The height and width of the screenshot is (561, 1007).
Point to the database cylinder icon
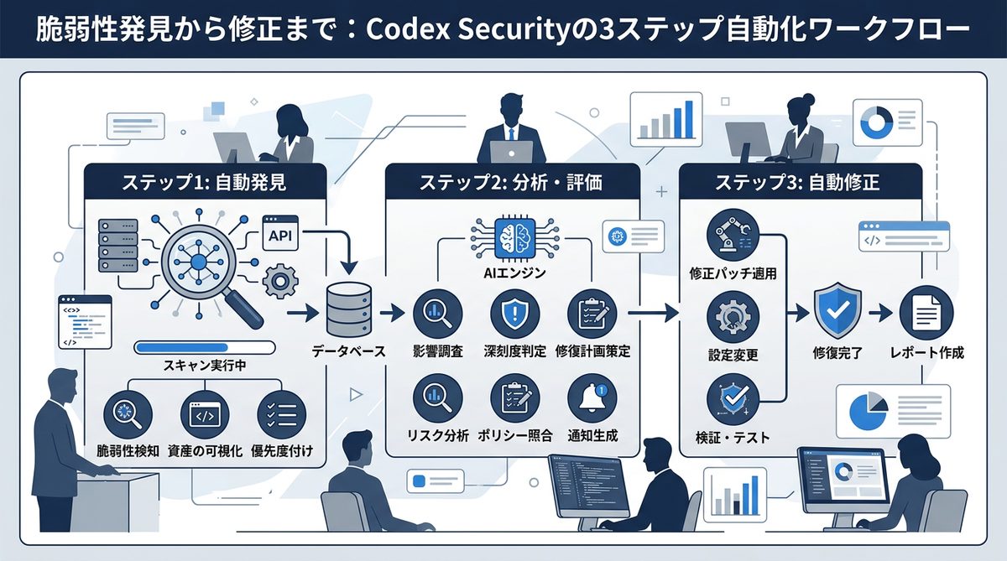[347, 308]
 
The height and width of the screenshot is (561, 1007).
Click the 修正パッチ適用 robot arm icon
[733, 236]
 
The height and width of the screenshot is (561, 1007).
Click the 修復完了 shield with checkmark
[837, 311]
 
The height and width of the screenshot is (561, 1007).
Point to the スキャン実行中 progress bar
[205, 347]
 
